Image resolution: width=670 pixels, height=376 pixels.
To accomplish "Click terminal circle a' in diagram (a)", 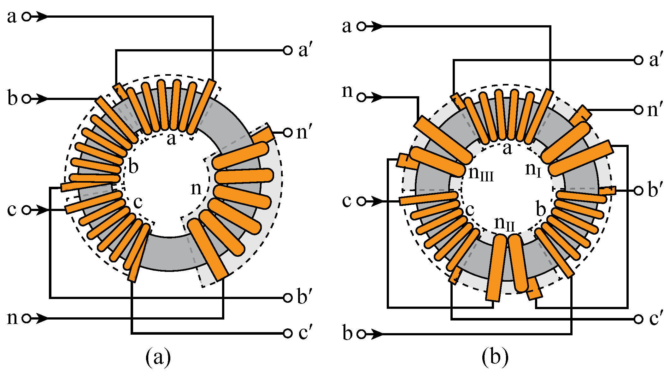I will coord(287,50).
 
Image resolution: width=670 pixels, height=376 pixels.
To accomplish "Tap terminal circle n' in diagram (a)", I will coord(287,132).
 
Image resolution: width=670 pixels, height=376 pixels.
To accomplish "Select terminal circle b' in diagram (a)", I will coord(287,298).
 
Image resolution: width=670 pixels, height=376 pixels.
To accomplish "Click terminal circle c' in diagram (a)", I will coord(287,333).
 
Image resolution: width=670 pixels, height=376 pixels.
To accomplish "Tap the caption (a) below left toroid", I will coord(158,357).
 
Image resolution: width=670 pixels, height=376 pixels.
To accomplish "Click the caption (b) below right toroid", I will coord(495,357).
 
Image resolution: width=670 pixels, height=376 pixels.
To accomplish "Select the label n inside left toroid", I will coord(196,189).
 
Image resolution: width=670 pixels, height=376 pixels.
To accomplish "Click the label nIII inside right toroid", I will coord(481,173).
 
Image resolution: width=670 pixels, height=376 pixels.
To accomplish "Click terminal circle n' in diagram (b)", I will coord(638,110).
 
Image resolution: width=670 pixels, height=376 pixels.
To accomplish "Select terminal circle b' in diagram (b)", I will coord(638,191).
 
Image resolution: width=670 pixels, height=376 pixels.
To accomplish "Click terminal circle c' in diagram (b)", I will coord(638,319).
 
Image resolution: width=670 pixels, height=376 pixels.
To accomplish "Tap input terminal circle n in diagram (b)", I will coord(361,97).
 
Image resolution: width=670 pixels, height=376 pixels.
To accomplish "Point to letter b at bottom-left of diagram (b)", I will coord(347,333).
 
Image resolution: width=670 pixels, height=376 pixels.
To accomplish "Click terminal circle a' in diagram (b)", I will coord(638,60).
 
